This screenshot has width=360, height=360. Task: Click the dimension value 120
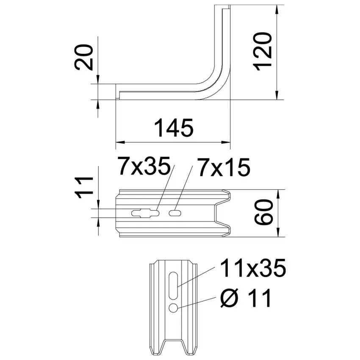tap(263, 51)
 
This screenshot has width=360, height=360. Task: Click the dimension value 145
tap(174, 128)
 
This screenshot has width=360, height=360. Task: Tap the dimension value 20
tap(84, 57)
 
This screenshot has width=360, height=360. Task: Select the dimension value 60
tap(263, 212)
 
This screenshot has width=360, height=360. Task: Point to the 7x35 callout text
tap(144, 166)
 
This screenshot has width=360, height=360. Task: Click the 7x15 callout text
tap(224, 167)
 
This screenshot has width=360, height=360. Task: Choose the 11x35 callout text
tap(253, 268)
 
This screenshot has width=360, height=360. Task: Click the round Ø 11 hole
tap(173, 308)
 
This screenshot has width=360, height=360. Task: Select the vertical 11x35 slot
tap(173, 285)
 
